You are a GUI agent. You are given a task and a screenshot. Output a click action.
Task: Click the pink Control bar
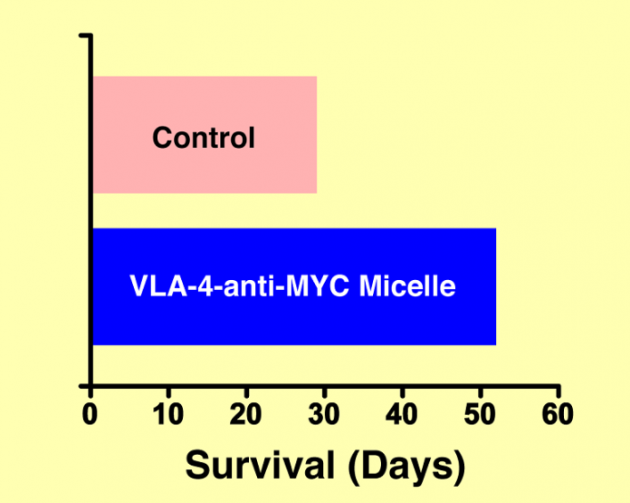205,135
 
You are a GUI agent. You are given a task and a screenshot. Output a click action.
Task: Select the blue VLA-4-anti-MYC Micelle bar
294,286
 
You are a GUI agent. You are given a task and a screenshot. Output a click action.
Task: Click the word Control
204,138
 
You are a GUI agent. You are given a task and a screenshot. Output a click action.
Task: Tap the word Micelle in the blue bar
407,285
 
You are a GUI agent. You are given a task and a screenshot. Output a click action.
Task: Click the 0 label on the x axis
90,413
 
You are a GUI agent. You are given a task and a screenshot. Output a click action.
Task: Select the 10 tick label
168,413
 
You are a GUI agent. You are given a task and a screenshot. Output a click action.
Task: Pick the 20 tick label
245,413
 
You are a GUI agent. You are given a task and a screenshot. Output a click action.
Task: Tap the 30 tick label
324,413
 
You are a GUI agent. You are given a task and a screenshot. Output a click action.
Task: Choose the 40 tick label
402,413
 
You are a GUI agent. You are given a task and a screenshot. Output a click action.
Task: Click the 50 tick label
480,413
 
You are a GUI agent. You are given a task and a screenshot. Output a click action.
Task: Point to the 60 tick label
558,413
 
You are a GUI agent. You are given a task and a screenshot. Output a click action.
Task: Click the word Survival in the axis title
260,465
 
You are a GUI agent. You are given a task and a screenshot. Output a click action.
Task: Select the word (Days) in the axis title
406,468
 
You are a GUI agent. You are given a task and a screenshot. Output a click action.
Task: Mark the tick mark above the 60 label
558,392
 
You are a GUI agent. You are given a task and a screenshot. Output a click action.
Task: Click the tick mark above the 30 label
325,392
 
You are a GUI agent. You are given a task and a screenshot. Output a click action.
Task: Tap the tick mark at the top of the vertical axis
85,36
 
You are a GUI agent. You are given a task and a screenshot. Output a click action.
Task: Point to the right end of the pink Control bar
317,135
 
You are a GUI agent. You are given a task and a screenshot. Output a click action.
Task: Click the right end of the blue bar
496,286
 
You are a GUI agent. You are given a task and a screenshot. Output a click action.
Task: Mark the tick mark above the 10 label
168,392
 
